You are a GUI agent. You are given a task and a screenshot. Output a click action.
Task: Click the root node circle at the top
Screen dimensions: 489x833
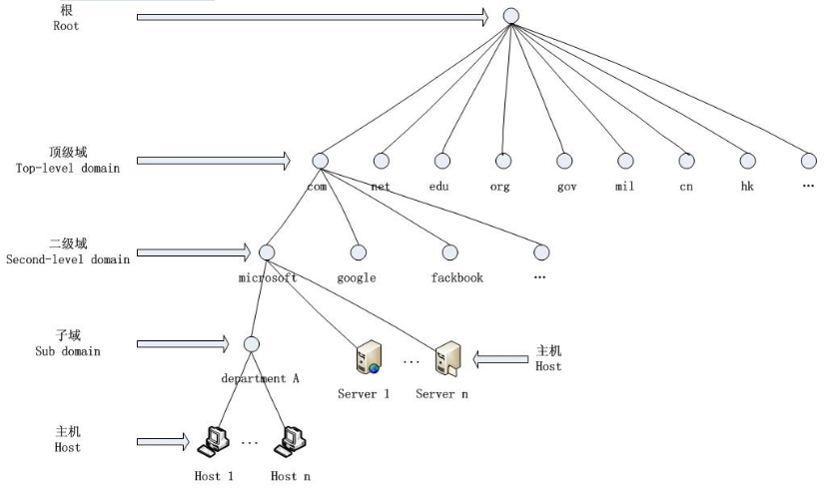tap(511, 16)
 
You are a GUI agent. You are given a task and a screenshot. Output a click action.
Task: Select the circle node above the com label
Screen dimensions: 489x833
tap(320, 161)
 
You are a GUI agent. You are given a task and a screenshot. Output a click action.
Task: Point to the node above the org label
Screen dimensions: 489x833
tap(503, 161)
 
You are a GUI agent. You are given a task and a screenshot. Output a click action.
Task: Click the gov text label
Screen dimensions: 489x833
tap(566, 187)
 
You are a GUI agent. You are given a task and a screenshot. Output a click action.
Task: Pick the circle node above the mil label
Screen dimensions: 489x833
tap(625, 161)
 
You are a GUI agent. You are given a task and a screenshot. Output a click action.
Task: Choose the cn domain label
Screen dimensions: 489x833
tap(686, 187)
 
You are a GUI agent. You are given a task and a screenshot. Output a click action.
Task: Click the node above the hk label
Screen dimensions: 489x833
tap(747, 161)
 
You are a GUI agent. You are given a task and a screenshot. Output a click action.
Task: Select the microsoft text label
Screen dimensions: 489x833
tap(268, 277)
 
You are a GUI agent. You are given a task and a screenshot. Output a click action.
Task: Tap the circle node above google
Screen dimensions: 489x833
tap(358, 252)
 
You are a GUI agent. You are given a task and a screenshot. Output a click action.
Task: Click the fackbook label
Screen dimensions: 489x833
tap(456, 277)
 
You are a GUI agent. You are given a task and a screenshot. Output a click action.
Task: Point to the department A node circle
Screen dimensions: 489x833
tap(251, 344)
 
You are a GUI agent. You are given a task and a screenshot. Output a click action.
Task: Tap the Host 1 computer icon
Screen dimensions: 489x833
tap(214, 440)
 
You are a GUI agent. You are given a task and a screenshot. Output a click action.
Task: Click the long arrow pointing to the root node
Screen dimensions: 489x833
tap(312, 17)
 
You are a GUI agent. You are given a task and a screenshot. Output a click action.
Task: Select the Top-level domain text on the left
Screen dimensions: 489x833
tap(68, 168)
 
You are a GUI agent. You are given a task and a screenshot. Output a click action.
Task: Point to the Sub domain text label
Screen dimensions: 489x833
tap(68, 350)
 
